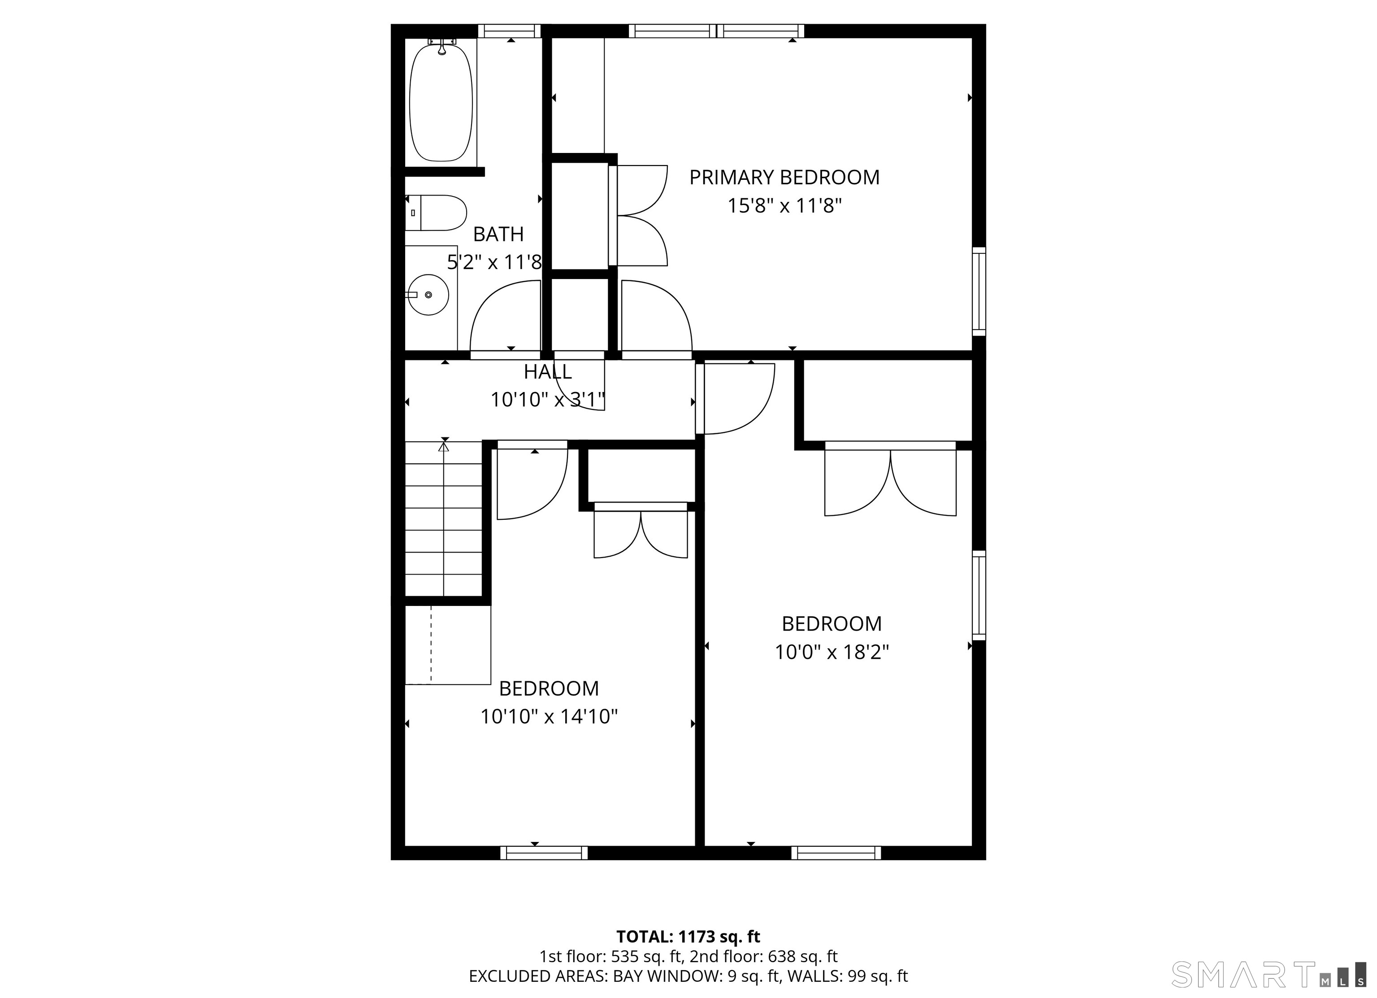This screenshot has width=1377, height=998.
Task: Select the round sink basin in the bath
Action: click(x=429, y=295)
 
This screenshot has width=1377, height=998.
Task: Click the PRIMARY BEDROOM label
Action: click(x=784, y=177)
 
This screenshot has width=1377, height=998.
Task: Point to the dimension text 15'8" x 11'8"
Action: click(x=785, y=206)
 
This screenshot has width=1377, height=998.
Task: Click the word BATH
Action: click(x=498, y=234)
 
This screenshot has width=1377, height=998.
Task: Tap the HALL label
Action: click(x=548, y=371)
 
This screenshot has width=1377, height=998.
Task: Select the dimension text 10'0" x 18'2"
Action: click(x=832, y=652)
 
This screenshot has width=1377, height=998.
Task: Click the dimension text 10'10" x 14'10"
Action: click(x=549, y=717)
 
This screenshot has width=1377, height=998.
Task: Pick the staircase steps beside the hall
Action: click(x=444, y=519)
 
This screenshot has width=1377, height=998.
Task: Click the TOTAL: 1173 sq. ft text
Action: click(x=688, y=937)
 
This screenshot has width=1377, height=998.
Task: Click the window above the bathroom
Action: click(x=509, y=31)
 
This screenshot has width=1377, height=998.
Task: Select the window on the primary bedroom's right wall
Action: click(x=979, y=292)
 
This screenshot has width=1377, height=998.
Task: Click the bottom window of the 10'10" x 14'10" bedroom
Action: click(x=544, y=853)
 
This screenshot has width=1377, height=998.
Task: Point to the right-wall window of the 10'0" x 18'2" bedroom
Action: click(x=979, y=595)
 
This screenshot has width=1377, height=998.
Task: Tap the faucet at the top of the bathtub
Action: click(x=442, y=46)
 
